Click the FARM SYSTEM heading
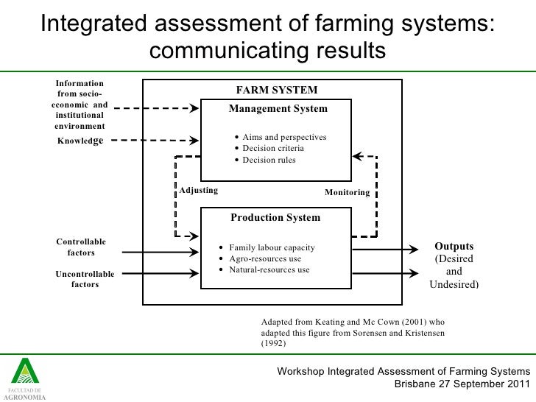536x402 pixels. [276, 91]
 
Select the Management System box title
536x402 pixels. [278, 109]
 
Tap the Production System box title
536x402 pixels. [275, 218]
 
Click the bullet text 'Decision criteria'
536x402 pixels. [272, 149]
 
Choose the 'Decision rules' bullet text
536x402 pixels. [269, 160]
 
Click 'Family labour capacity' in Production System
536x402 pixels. [272, 247]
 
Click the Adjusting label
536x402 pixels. [199, 190]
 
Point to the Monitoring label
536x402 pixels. [347, 192]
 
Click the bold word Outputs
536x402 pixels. [454, 247]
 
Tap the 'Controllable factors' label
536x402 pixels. [81, 247]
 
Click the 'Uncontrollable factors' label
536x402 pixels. [85, 279]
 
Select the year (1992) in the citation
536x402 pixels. [274, 343]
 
